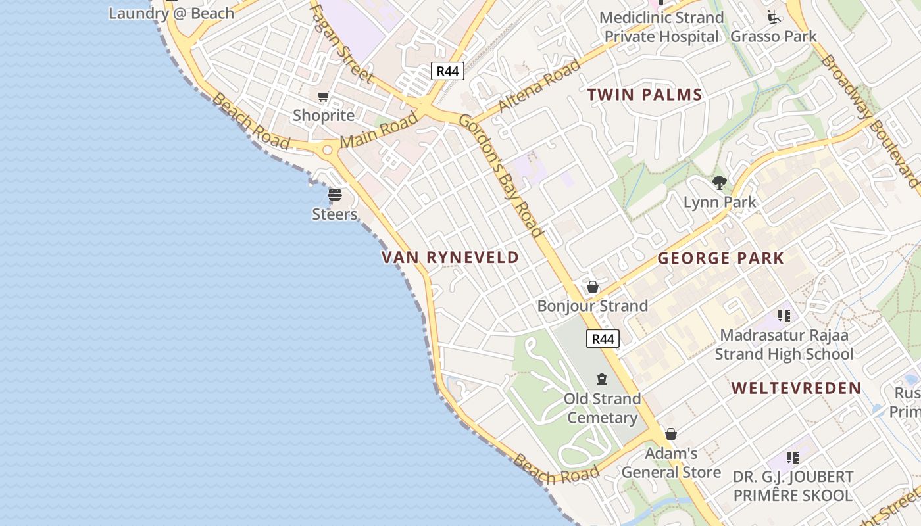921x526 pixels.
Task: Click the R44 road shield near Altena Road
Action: tap(447, 71)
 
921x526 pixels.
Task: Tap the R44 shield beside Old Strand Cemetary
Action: tap(603, 339)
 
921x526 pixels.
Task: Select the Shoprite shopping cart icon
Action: tap(323, 97)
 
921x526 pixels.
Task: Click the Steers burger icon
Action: tap(335, 195)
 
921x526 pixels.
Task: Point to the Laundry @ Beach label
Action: tap(171, 13)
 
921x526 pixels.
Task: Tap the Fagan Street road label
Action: tap(341, 43)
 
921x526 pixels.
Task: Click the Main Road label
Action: tap(379, 130)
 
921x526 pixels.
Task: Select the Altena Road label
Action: tap(539, 85)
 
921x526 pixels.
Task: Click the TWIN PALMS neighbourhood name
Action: tap(645, 95)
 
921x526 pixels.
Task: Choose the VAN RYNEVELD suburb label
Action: tap(451, 257)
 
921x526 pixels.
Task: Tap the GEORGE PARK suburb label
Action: tap(721, 258)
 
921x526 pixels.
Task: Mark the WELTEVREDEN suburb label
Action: tap(796, 388)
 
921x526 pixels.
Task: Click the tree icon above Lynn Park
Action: tap(719, 183)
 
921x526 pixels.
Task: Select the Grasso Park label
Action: tap(774, 36)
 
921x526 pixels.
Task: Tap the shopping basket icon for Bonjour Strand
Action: tap(593, 287)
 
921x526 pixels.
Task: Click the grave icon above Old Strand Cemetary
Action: tap(601, 379)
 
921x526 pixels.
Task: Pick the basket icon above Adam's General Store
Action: tap(671, 434)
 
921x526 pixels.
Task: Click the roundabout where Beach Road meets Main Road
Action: tap(327, 150)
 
